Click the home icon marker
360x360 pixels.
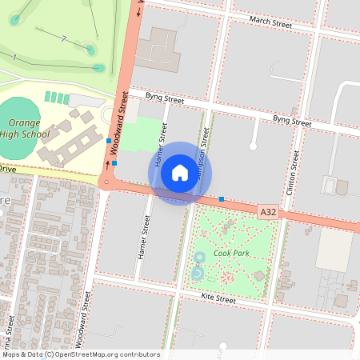coord(180,173)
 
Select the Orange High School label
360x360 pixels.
coord(25,129)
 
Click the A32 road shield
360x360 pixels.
coord(268,212)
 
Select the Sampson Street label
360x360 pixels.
coord(205,156)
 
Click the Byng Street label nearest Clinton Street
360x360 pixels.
coord(292,122)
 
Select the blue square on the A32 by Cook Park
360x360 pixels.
coord(222,199)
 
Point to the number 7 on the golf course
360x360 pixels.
coord(63,38)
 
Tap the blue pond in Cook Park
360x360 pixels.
coord(198,274)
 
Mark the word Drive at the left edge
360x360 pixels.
coord(7,169)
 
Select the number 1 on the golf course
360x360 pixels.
coord(14,56)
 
